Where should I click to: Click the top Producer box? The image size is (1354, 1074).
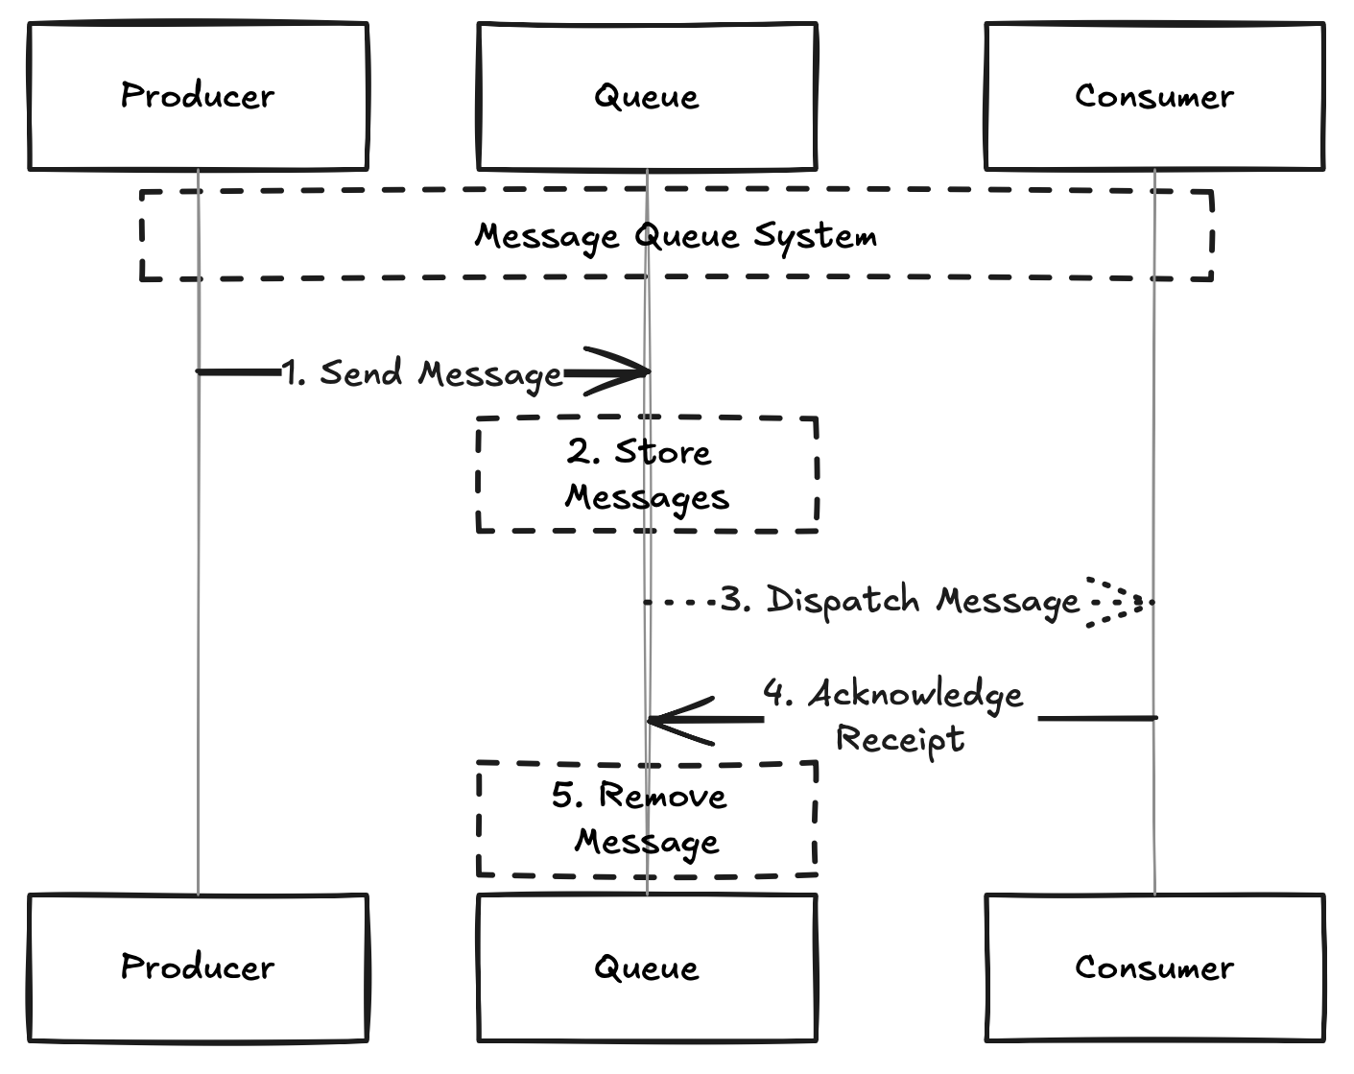[x=198, y=96]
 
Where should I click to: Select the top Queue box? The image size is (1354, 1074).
[x=646, y=96]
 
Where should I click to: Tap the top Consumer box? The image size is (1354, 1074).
[x=1153, y=96]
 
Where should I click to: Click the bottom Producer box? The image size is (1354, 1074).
[x=198, y=967]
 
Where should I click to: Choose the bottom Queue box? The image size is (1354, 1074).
[x=646, y=967]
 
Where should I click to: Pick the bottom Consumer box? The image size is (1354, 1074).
[x=1153, y=967]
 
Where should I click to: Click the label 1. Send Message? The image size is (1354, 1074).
[x=422, y=373]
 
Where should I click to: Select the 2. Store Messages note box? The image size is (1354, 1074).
[x=647, y=474]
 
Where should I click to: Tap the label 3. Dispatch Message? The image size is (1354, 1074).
[x=900, y=601]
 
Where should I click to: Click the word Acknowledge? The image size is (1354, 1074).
[x=915, y=694]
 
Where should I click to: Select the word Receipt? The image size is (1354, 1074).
[x=899, y=739]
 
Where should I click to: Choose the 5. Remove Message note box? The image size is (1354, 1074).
[x=647, y=819]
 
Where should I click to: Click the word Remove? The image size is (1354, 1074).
[x=662, y=796]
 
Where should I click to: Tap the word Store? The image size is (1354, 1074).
[x=662, y=452]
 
